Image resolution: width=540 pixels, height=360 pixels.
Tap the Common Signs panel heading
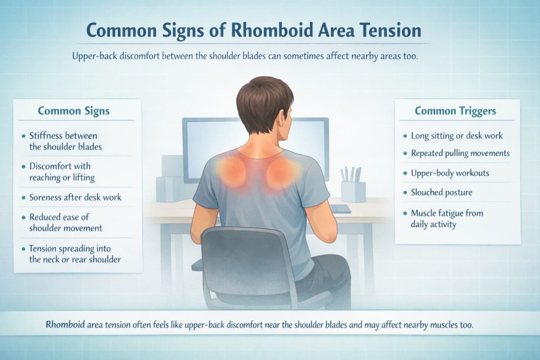pos(74,111)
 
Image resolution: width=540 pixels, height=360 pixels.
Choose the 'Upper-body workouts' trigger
pos(450,173)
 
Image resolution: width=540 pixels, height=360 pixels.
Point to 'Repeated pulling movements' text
pos(460,153)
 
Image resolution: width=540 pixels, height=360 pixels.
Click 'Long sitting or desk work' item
pos(457,135)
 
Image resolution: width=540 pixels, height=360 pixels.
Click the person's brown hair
pos(263,98)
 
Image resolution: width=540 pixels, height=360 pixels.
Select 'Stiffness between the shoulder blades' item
pos(66,141)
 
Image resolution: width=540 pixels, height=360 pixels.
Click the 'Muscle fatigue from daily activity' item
pos(447,219)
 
